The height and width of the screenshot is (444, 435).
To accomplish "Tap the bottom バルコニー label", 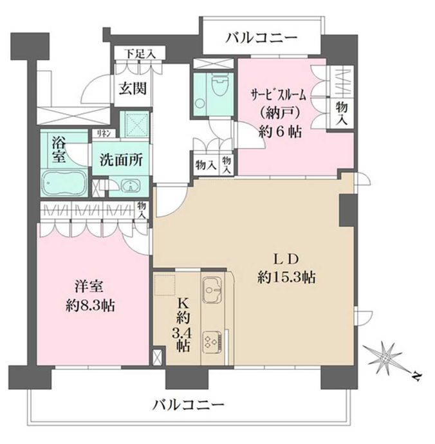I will [188, 405].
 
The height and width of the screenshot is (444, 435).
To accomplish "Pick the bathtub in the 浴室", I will [62, 185].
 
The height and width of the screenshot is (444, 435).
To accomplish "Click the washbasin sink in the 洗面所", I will [129, 187].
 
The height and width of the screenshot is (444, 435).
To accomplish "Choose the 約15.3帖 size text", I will [286, 278].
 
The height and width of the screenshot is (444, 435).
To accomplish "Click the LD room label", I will [285, 259].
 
